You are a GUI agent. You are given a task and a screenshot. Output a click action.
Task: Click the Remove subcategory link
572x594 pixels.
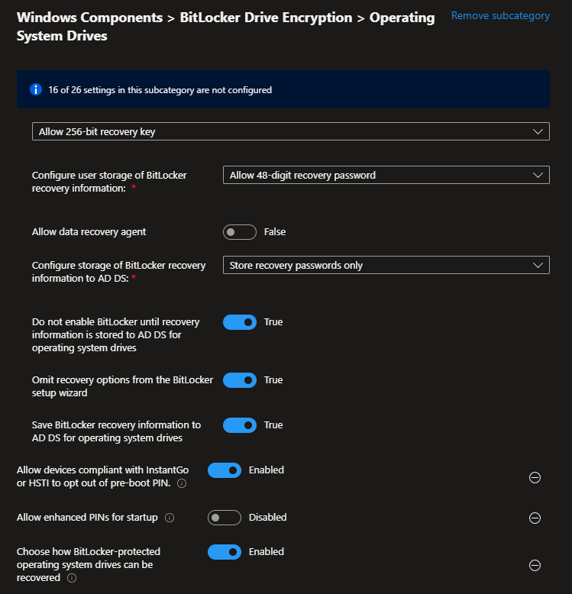500,15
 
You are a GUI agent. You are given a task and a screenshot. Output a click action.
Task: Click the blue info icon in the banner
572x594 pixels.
35,89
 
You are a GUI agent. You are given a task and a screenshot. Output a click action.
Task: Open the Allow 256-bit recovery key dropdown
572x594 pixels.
290,132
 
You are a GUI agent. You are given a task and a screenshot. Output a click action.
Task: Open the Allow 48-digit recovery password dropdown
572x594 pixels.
386,175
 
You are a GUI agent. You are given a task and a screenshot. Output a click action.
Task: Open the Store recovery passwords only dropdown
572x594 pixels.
386,266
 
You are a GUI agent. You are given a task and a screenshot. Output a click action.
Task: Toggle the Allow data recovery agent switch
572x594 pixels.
239,231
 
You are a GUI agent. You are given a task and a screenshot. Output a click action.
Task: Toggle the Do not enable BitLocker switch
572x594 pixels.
239,322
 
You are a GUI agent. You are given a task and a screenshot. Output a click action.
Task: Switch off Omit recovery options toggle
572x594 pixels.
239,380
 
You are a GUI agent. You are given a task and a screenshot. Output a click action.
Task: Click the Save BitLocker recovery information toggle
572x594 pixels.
239,425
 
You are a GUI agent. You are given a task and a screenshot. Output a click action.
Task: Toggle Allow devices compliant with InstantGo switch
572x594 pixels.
224,470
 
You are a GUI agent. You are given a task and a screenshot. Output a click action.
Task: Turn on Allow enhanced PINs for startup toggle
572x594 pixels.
224,518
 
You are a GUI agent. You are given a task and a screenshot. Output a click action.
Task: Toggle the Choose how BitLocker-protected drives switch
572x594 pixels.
224,552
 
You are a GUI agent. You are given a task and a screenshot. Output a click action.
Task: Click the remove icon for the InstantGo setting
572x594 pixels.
535,478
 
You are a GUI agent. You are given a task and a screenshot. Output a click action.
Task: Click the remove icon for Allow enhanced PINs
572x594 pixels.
535,518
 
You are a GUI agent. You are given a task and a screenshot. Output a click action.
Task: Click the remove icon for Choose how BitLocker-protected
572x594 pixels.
535,566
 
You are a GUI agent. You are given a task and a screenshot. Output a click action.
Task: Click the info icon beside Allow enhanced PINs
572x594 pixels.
170,518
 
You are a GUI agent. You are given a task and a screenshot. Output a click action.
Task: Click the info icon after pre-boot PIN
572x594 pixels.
181,484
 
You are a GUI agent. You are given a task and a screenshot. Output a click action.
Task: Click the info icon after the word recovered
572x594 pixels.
72,579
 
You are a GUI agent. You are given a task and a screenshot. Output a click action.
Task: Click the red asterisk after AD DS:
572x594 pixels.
134,279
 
